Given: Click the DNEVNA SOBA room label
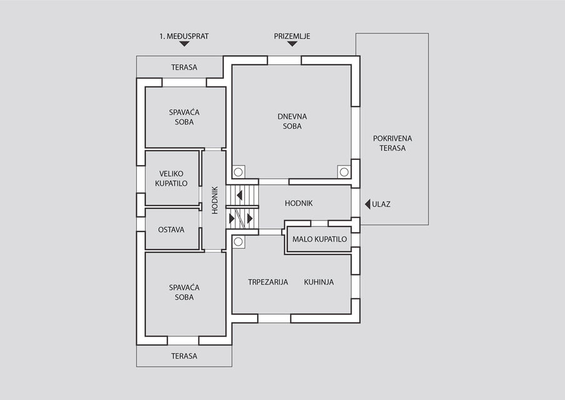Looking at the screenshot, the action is click(x=292, y=121).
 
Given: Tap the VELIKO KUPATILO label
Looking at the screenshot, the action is click(x=171, y=179).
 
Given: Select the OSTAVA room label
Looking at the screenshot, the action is click(x=171, y=230).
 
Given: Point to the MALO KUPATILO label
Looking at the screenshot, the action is click(x=319, y=239).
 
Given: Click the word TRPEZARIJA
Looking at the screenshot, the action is click(x=268, y=282).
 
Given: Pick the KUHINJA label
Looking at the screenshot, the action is click(x=319, y=282).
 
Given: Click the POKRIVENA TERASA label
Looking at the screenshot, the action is click(x=392, y=143).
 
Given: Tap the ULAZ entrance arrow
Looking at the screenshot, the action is click(x=367, y=204).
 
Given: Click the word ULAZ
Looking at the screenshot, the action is click(x=381, y=204).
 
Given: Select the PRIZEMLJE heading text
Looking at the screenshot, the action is click(x=292, y=36).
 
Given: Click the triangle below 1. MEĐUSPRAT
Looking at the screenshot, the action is click(x=184, y=44).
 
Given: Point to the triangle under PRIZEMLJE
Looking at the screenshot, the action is click(x=292, y=44).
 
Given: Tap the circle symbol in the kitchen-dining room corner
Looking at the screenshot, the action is click(x=238, y=242).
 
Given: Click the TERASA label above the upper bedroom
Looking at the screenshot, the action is click(x=184, y=67).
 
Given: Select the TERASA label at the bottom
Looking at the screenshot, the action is click(x=184, y=356).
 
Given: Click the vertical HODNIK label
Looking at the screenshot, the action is click(x=215, y=201).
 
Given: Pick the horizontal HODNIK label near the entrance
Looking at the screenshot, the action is click(x=299, y=204).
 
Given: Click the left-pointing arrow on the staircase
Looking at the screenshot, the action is click(x=239, y=196).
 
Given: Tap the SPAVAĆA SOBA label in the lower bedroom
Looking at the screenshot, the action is click(x=184, y=292).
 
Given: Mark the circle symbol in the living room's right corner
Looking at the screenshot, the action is click(x=344, y=172).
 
